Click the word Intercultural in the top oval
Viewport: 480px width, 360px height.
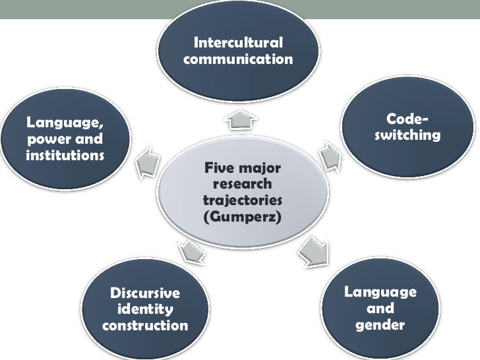click(239, 44)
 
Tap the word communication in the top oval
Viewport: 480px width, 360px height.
click(239, 60)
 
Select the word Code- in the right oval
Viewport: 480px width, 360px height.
click(406, 119)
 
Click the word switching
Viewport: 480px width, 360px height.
click(406, 136)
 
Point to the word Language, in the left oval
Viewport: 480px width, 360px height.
click(65, 123)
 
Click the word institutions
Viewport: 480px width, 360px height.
click(65, 157)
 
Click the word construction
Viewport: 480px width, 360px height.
click(145, 326)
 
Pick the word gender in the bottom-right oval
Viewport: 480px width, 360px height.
click(380, 325)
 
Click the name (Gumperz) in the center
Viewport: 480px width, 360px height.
click(242, 215)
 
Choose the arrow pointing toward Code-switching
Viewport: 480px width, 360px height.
click(327, 155)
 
